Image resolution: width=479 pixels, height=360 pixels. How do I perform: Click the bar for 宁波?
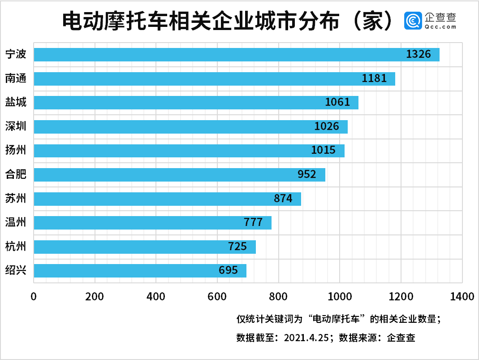[x=237, y=55]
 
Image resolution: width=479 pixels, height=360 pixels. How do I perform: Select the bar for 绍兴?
[x=140, y=271]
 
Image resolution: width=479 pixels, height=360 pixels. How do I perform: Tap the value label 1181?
[x=374, y=78]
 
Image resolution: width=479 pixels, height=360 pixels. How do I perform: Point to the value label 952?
[x=307, y=174]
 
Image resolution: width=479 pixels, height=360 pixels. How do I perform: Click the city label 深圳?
[x=16, y=126]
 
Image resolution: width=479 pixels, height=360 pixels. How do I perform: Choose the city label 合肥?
[x=16, y=174]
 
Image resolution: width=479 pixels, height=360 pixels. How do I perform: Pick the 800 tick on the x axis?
[x=278, y=296]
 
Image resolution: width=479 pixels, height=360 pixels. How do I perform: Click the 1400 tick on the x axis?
[x=462, y=296]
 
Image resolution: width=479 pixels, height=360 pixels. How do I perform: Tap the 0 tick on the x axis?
[x=34, y=296]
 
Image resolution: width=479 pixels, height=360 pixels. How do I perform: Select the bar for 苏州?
[x=167, y=199]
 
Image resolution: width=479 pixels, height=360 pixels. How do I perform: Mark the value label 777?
[x=253, y=222]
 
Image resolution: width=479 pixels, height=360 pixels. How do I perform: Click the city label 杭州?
[x=16, y=246]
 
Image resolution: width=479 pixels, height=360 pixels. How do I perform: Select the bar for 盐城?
[x=196, y=103]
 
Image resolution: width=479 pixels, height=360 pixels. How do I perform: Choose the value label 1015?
[x=323, y=150]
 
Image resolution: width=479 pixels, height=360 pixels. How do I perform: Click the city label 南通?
[x=16, y=78]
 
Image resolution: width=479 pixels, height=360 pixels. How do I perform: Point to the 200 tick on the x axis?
[x=95, y=296]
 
